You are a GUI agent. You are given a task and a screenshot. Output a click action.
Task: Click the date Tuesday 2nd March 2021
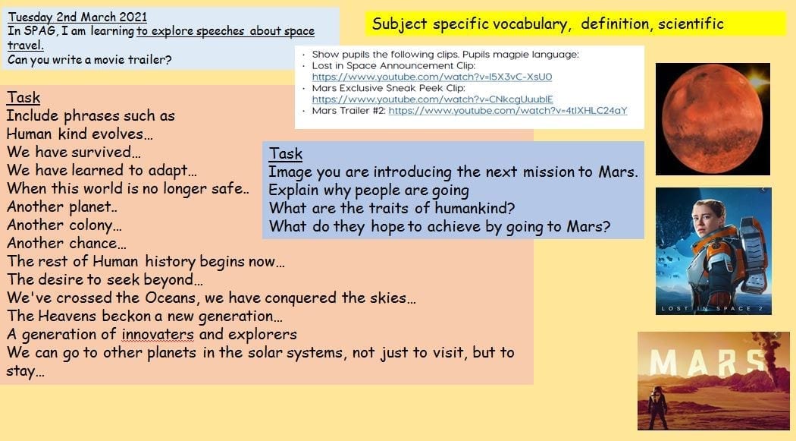tap(77, 17)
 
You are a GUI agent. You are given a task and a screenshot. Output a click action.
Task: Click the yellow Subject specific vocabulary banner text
tap(548, 24)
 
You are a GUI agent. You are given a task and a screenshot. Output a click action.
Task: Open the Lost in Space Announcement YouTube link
tap(432, 77)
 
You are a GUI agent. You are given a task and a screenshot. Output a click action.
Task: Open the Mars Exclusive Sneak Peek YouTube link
tap(433, 99)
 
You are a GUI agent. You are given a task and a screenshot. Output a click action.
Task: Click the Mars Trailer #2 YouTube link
tap(508, 110)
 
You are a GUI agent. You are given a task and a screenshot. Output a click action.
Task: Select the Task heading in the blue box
tap(286, 153)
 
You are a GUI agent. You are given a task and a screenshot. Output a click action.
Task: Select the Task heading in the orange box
tap(24, 98)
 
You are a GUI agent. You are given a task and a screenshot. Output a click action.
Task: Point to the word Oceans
tap(171, 298)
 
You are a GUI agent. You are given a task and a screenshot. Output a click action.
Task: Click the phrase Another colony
tap(64, 225)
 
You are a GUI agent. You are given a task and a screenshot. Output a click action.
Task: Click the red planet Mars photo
tap(713, 118)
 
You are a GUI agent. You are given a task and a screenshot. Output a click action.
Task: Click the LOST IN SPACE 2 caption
tap(713, 308)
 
